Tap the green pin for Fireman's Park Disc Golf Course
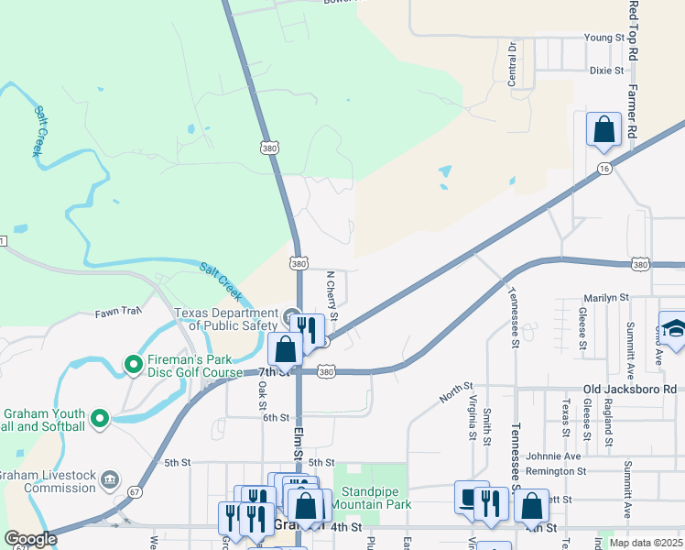pyautogui.click(x=133, y=365)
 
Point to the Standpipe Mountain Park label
pyautogui.click(x=371, y=498)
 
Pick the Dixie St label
pyautogui.click(x=606, y=70)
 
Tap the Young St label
pyautogui.click(x=604, y=38)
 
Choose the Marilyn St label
pyautogui.click(x=606, y=298)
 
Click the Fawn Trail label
pyautogui.click(x=118, y=312)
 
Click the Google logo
pyautogui.click(x=30, y=539)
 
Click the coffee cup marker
pyautogui.click(x=471, y=498)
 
